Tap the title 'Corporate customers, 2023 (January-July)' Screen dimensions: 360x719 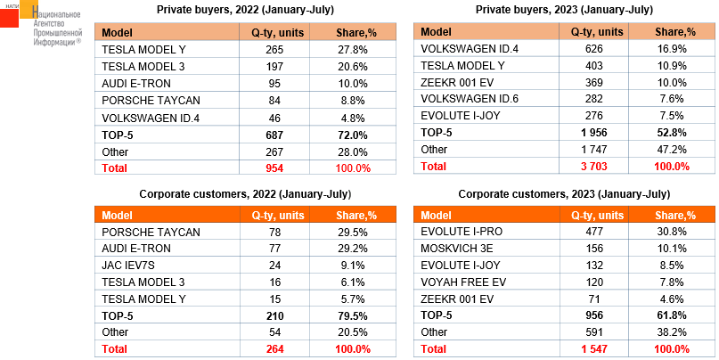563,193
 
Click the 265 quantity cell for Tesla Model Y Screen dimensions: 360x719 274,48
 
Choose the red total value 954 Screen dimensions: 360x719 274,167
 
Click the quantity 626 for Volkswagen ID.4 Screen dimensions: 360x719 592,48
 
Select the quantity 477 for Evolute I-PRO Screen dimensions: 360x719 592,232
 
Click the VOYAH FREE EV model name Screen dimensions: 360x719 464,282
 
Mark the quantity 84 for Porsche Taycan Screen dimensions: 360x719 274,99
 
